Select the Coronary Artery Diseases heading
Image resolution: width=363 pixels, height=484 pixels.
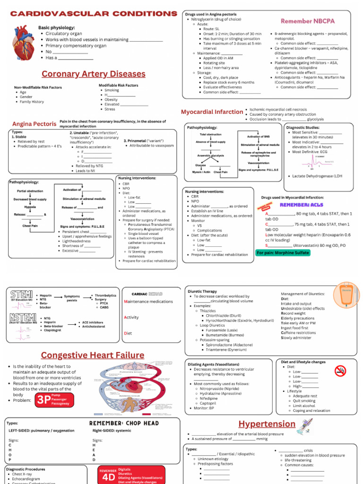point(93,74)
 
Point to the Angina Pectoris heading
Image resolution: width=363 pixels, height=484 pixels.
point(34,124)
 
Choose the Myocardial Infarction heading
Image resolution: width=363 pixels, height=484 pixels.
point(212,112)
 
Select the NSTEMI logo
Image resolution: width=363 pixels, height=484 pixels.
point(19,317)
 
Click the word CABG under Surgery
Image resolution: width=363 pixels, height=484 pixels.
point(104,307)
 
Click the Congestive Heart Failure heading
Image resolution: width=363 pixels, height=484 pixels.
point(93,355)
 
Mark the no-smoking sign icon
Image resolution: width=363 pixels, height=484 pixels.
point(340,371)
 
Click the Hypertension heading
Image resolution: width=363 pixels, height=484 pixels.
point(267,423)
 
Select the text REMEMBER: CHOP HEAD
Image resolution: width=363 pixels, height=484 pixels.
point(124,423)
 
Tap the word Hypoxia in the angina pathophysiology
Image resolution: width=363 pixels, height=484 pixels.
point(30,207)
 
